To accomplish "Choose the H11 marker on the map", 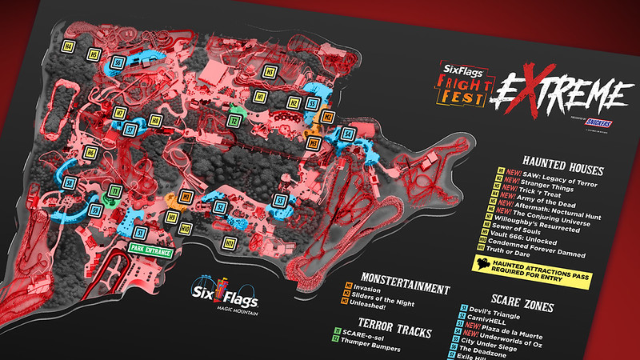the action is (x=230, y=242).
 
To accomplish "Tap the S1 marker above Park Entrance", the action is (x=141, y=233).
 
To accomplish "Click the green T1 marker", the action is (x=114, y=191).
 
